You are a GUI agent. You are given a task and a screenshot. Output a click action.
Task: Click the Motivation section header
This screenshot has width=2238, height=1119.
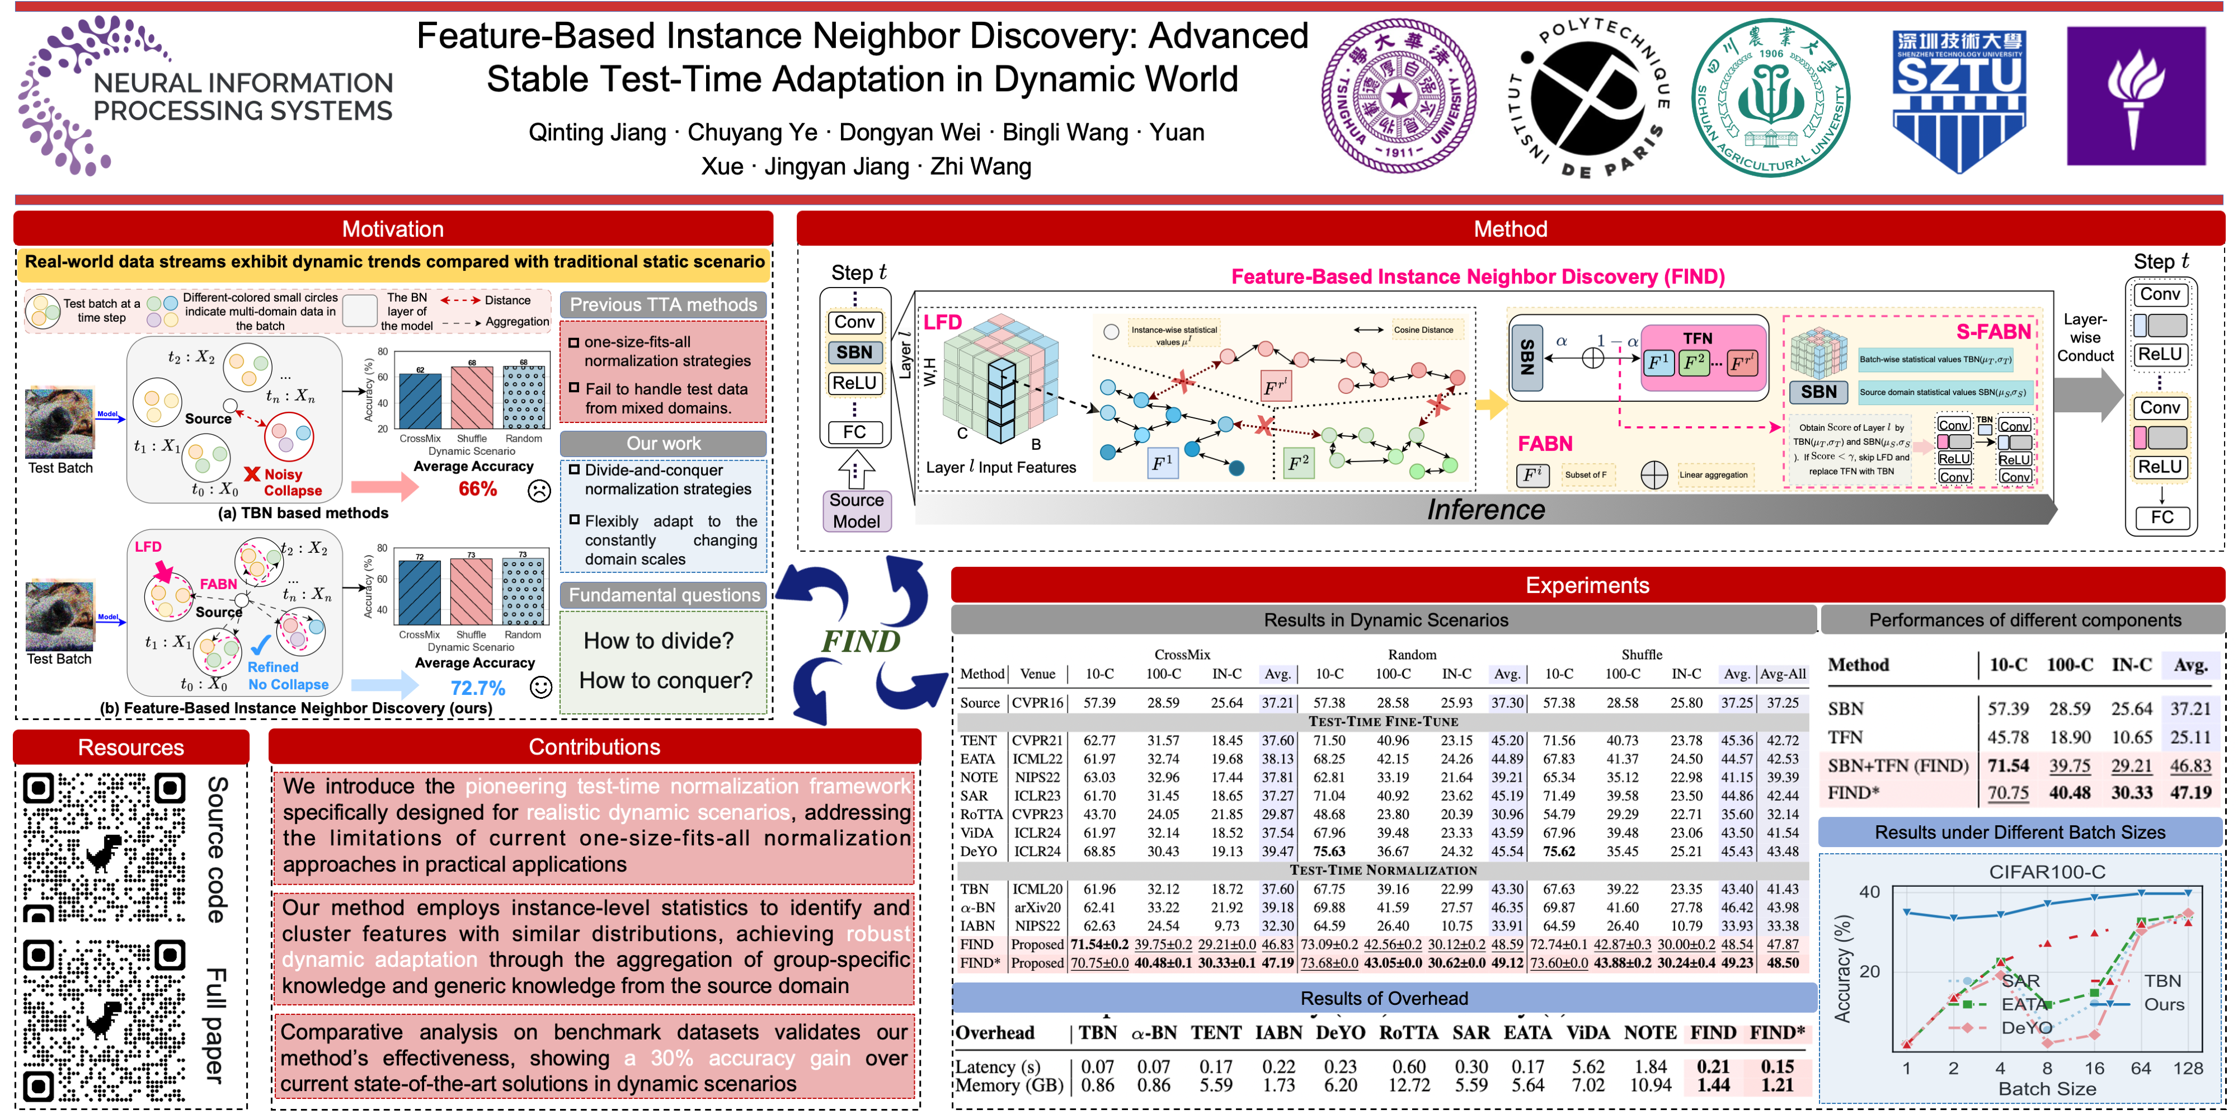point(393,229)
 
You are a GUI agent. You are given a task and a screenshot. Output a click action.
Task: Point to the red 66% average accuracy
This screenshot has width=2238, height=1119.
point(478,489)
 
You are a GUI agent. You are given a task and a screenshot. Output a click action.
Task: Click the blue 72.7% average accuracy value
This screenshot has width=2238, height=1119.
point(478,688)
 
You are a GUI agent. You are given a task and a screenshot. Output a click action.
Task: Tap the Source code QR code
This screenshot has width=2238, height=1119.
point(104,847)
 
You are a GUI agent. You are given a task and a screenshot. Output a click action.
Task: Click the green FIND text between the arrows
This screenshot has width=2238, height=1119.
point(860,641)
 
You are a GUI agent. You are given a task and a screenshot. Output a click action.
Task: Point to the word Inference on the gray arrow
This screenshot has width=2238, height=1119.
point(1485,510)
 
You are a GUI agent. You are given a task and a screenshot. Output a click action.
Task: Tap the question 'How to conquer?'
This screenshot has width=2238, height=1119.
point(665,680)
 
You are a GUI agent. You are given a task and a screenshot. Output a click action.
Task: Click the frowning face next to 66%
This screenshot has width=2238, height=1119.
point(539,491)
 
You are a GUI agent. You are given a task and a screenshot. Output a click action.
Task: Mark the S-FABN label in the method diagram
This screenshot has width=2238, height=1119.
point(1993,332)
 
